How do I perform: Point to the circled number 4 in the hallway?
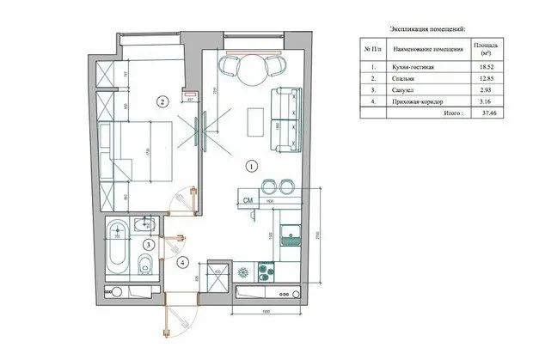182,263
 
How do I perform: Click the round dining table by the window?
250,70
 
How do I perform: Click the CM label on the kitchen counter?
248,202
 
